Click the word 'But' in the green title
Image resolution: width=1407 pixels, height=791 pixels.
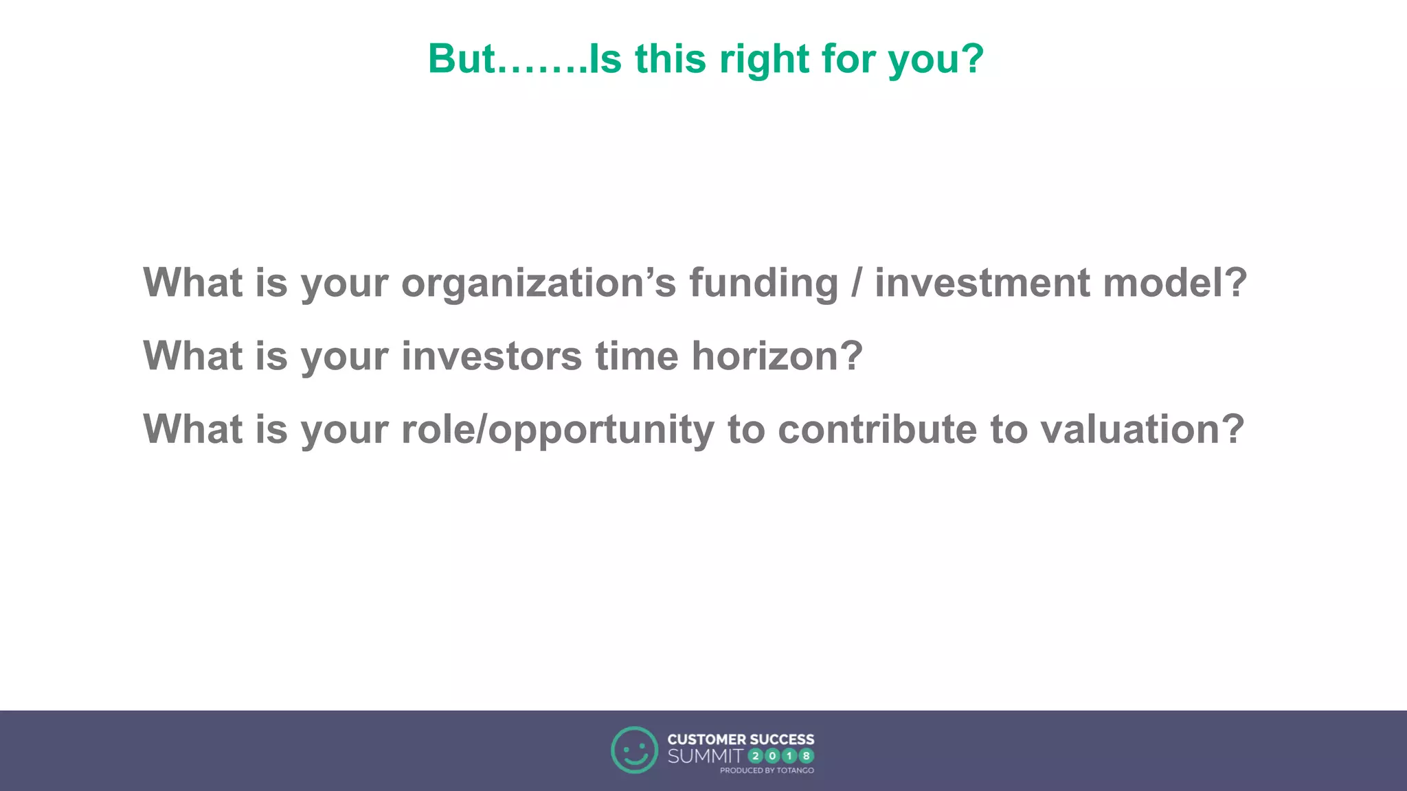(x=461, y=59)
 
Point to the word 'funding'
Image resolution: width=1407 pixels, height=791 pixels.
(x=763, y=284)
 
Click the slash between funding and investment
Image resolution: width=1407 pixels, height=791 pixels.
(x=856, y=284)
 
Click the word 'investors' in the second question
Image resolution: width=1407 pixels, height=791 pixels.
(x=491, y=356)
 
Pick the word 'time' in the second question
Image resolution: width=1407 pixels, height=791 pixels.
(x=636, y=356)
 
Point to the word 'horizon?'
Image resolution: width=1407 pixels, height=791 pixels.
(x=776, y=356)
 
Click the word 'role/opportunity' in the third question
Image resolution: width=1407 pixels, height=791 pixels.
(x=557, y=431)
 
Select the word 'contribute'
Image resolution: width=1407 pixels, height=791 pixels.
(x=877, y=430)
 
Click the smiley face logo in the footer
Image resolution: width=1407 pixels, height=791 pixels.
(x=634, y=750)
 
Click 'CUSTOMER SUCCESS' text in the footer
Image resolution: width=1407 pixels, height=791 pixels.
(x=741, y=740)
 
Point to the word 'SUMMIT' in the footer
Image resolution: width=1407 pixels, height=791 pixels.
(x=705, y=757)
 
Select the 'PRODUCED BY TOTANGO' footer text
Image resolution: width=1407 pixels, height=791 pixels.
(x=767, y=771)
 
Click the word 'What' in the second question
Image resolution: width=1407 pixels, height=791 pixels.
(x=193, y=356)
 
